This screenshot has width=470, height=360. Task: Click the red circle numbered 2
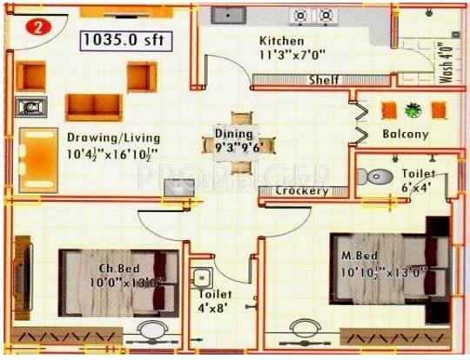tap(37, 27)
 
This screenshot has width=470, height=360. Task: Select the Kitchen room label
tap(281, 41)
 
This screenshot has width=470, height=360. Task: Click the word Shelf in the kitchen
tap(323, 80)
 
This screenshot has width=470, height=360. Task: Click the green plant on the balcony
tap(413, 110)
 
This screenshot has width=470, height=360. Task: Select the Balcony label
tap(405, 134)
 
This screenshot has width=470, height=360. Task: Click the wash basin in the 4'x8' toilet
tap(203, 279)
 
